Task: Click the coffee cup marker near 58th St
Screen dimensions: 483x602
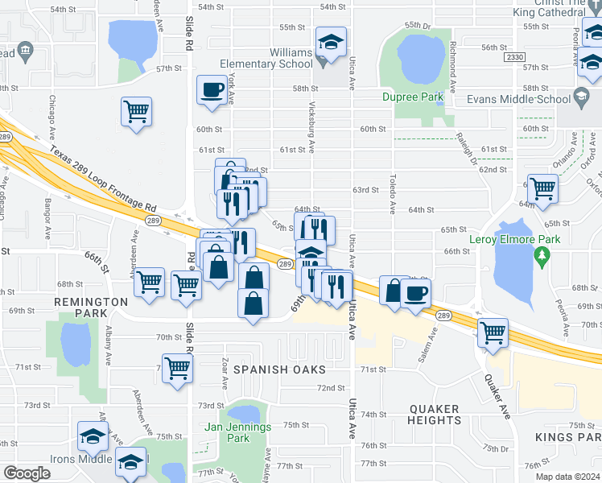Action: click(212, 89)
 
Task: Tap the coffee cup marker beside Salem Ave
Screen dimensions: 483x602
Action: click(415, 293)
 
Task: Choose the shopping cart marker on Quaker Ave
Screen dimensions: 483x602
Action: click(493, 332)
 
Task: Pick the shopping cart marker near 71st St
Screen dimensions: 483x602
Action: click(177, 369)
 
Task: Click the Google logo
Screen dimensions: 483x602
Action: click(27, 473)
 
